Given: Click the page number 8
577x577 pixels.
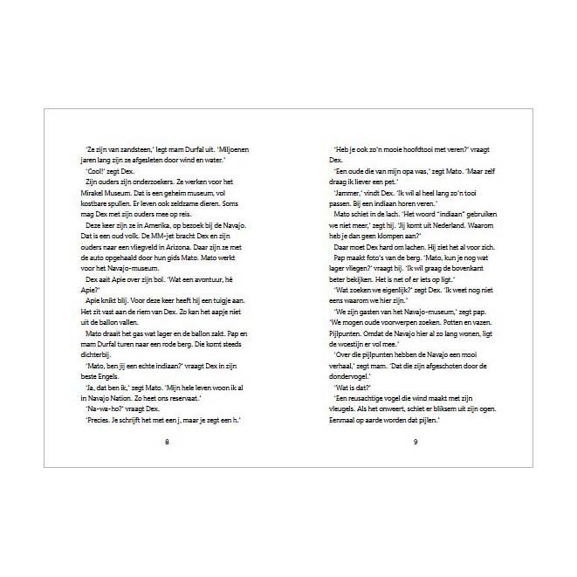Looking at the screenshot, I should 167,442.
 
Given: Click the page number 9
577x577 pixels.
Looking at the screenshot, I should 416,442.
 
